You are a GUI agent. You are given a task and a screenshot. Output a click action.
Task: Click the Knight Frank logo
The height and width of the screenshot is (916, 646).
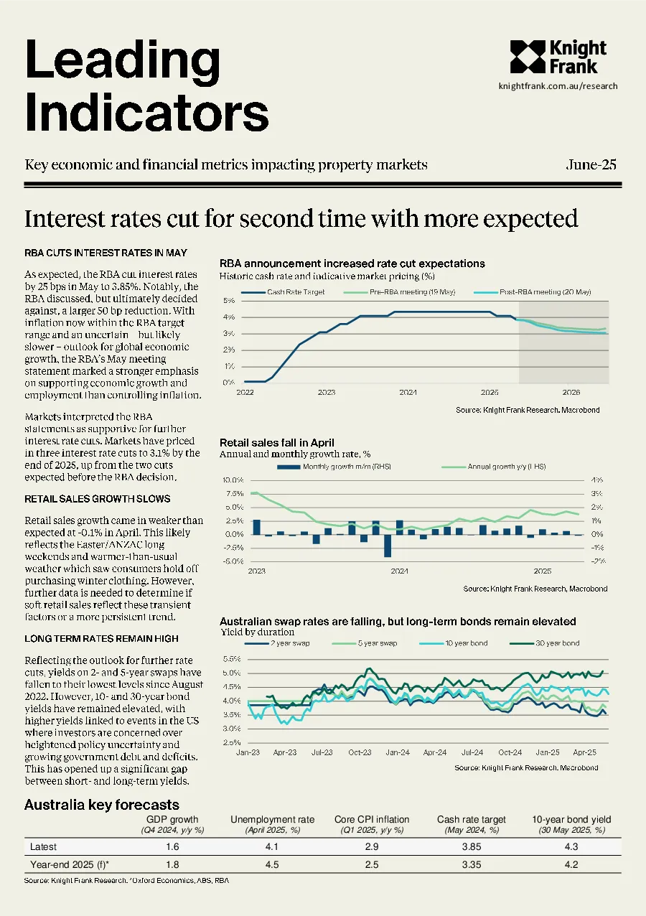pyautogui.click(x=558, y=57)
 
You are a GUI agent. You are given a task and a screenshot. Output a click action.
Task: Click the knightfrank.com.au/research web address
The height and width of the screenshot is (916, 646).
pyautogui.click(x=558, y=86)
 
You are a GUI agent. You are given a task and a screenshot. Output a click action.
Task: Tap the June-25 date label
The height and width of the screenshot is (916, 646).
pyautogui.click(x=591, y=164)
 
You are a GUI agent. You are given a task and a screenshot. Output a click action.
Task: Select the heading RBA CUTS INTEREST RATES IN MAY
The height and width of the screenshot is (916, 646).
pyautogui.click(x=106, y=253)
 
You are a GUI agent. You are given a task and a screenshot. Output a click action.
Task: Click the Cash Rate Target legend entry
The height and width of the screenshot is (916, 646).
pyautogui.click(x=283, y=292)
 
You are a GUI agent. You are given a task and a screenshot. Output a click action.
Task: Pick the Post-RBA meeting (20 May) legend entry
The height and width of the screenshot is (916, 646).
pyautogui.click(x=533, y=292)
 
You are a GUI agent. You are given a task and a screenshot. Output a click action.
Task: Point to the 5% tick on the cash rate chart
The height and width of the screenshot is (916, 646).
pyautogui.click(x=229, y=301)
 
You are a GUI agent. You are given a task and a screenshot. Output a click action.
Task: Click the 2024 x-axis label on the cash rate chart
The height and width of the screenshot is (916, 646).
pyautogui.click(x=408, y=392)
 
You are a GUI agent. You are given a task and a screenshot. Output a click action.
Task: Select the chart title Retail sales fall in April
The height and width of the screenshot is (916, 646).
pyautogui.click(x=277, y=442)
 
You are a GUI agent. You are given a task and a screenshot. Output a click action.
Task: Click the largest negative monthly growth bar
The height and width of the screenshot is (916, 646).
pyautogui.click(x=388, y=546)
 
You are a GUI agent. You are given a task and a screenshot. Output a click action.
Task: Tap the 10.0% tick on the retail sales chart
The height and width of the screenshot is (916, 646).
pyautogui.click(x=233, y=480)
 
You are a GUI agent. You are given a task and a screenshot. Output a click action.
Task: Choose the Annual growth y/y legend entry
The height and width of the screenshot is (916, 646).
pyautogui.click(x=494, y=467)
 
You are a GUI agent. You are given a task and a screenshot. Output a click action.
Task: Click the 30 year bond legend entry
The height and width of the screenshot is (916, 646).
pyautogui.click(x=545, y=643)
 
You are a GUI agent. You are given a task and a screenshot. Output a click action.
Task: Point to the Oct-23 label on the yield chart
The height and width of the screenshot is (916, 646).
pyautogui.click(x=360, y=752)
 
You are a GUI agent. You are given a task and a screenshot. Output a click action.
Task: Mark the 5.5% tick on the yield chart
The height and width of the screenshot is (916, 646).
pyautogui.click(x=232, y=659)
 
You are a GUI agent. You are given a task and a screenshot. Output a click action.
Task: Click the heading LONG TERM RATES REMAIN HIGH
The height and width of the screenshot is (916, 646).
pyautogui.click(x=101, y=639)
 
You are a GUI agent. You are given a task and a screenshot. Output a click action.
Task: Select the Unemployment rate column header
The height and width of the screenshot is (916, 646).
pyautogui.click(x=272, y=820)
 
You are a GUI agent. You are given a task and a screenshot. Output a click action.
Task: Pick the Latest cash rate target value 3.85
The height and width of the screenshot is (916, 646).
pyautogui.click(x=472, y=846)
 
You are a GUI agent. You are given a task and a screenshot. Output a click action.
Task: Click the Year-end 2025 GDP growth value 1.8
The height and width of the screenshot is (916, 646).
pyautogui.click(x=172, y=864)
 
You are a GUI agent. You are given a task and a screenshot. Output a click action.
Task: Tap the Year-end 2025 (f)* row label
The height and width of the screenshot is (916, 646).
pyautogui.click(x=70, y=864)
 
